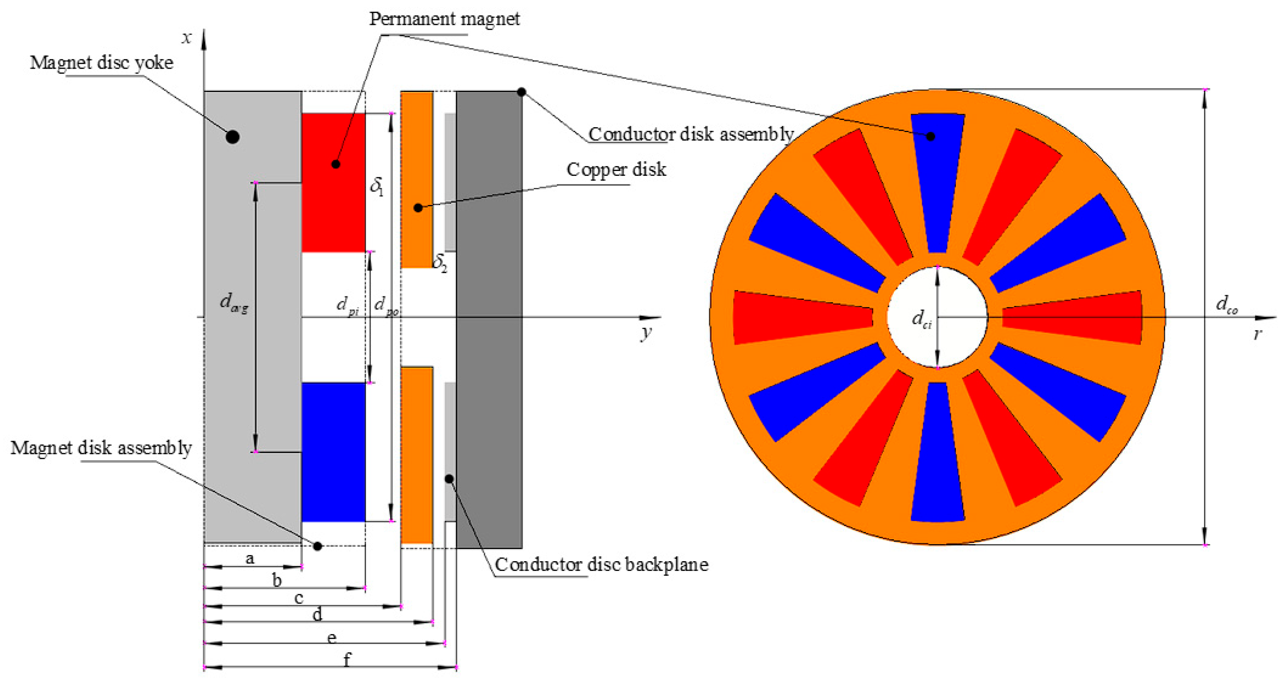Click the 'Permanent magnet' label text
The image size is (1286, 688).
pyautogui.click(x=444, y=19)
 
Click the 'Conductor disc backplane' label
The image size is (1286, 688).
pyautogui.click(x=601, y=564)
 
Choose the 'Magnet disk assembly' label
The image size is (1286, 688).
pyautogui.click(x=101, y=448)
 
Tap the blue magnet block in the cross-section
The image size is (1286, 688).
pyautogui.click(x=333, y=452)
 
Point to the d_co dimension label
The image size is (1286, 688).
pyautogui.click(x=1226, y=304)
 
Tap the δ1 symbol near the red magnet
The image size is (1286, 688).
pyautogui.click(x=377, y=186)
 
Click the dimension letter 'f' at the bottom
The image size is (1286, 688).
pyautogui.click(x=347, y=659)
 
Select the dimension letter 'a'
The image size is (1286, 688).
pyautogui.click(x=250, y=559)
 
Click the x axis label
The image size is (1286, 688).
pyautogui.click(x=187, y=37)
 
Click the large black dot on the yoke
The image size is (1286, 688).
pyautogui.click(x=233, y=137)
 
